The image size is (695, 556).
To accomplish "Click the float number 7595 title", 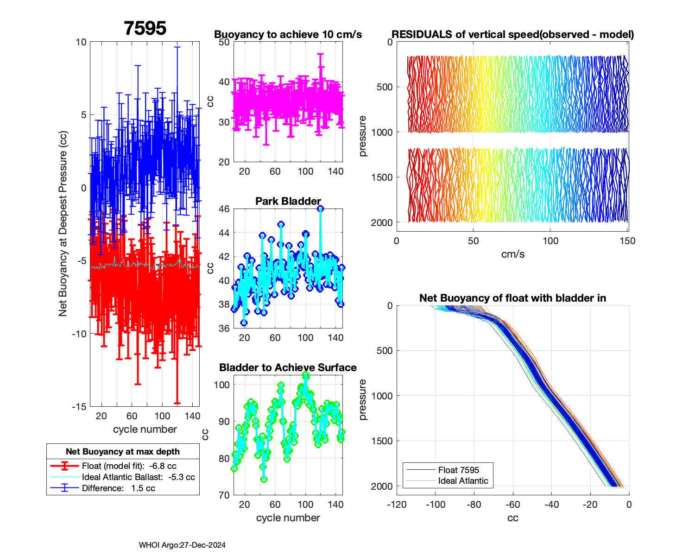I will (145, 29).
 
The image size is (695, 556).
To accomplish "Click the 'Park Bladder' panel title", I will (288, 201).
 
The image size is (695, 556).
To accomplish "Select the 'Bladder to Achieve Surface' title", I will (288, 367).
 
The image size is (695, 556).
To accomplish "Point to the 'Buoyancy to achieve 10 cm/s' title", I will (288, 35).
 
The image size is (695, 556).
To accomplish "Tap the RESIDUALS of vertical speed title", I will (512, 35).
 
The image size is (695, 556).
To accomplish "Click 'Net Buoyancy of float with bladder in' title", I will (512, 298).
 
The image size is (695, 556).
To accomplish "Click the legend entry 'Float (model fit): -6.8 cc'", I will (129, 466).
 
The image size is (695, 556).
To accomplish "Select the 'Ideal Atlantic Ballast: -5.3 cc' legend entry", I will (138, 477).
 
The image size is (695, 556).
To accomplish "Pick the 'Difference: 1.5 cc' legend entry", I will (118, 488).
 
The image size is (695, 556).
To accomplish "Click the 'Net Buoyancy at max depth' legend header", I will (123, 452).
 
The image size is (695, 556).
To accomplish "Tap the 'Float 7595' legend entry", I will (458, 470).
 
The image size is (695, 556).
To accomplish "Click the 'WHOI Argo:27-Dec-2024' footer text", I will (182, 545).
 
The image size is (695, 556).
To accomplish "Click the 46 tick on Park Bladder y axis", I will (224, 209).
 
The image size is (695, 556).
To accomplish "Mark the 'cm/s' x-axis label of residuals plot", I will (512, 254).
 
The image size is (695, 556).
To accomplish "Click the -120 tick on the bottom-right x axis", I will (397, 505).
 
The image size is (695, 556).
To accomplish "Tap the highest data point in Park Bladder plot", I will (320, 209).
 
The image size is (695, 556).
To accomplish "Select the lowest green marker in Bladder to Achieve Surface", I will (264, 480).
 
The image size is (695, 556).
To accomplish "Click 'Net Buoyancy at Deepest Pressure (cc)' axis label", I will (63, 224).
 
